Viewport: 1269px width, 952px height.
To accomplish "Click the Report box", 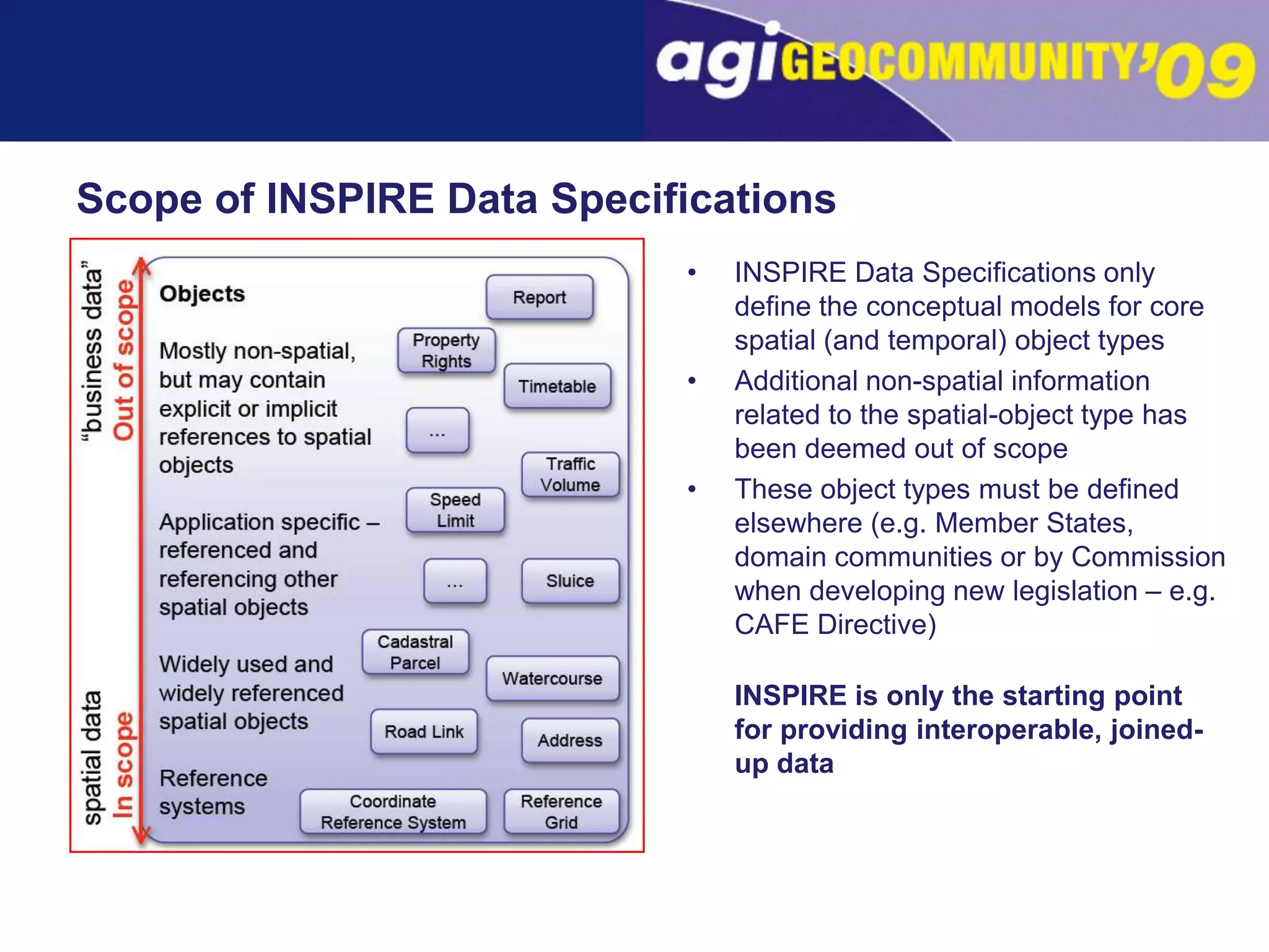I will click(539, 297).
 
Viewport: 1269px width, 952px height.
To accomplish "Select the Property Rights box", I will click(446, 351).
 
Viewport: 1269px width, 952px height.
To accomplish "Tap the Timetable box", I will click(557, 386).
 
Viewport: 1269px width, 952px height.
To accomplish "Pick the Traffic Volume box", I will click(570, 475).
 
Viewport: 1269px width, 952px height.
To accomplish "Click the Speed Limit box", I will click(455, 510).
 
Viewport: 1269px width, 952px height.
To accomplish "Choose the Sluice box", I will click(570, 581).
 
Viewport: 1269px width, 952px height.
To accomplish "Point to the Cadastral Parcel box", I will click(415, 652).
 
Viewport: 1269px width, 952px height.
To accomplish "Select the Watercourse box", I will click(552, 679).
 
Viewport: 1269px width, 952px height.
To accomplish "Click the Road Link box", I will click(424, 732).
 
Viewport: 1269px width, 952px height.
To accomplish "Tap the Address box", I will click(570, 741).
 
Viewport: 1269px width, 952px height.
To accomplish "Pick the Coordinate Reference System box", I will click(393, 812).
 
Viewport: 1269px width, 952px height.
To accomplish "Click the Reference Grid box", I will click(561, 812).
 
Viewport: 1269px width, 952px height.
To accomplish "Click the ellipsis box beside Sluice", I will click(455, 581).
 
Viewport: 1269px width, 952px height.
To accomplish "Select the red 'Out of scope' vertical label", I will click(123, 359).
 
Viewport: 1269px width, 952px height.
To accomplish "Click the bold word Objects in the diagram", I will click(202, 294).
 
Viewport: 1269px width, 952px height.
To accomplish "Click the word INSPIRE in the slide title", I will click(350, 199).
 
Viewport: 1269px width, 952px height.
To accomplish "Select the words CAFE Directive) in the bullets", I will click(835, 625).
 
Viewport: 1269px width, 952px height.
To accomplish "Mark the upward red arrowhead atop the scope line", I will click(142, 265).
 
